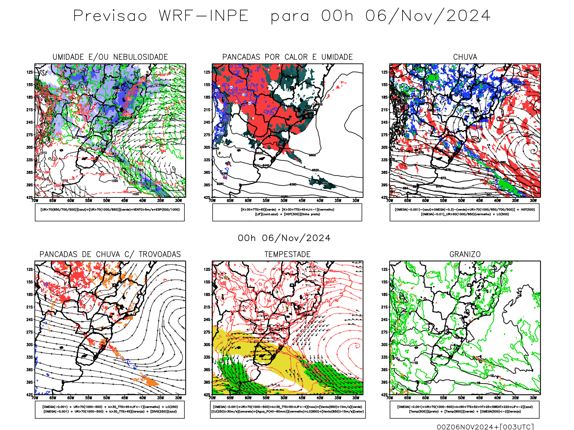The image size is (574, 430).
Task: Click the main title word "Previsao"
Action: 110,16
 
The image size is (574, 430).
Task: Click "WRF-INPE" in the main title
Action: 204,16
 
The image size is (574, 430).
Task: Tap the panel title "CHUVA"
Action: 465,57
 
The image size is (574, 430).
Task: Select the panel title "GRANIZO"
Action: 465,254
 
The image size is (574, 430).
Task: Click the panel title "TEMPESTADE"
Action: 287,254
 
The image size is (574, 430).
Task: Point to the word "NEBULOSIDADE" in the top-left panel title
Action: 141,57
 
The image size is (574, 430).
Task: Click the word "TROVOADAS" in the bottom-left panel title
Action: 160,254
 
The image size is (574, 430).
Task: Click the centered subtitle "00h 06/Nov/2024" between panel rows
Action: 284,238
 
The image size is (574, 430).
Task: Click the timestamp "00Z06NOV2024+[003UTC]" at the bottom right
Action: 485,427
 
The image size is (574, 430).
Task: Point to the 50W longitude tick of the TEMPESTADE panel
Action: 284,398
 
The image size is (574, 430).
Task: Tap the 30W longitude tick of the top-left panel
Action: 178,201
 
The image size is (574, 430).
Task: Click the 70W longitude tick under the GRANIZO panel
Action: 390,398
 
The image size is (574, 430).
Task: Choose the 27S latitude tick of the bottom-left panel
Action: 29,332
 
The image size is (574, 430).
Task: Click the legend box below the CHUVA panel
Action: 465,212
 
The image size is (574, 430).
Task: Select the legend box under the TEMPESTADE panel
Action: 288,409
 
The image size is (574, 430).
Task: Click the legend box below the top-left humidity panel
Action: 110,212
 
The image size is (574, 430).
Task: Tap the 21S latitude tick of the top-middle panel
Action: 207,110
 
